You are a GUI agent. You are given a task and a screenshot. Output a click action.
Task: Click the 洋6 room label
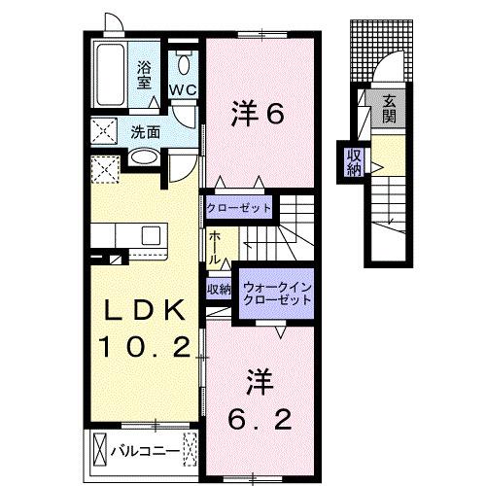pyautogui.click(x=257, y=115)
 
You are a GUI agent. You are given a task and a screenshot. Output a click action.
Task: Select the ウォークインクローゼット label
pyautogui.click(x=279, y=294)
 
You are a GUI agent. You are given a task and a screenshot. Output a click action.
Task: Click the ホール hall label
pyautogui.click(x=213, y=250)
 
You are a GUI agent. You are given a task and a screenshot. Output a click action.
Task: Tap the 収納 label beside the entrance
pyautogui.click(x=352, y=160)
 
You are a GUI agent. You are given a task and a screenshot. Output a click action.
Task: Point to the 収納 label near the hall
pyautogui.click(x=218, y=289)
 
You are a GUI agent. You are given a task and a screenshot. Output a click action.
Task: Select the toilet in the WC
pyautogui.click(x=184, y=67)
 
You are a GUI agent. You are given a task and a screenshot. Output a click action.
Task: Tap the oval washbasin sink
pyautogui.click(x=146, y=156)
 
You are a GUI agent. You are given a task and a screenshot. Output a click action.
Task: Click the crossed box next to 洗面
pyautogui.click(x=102, y=131)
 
